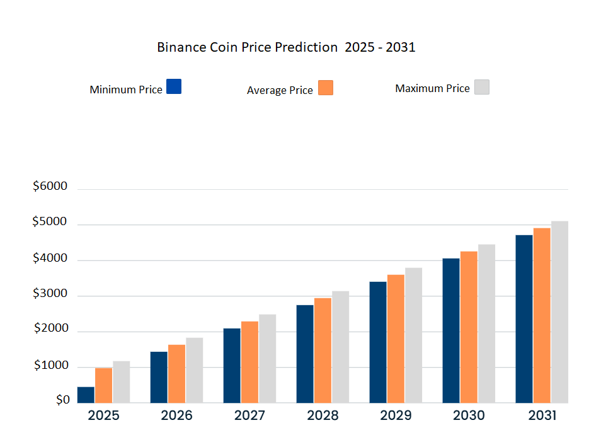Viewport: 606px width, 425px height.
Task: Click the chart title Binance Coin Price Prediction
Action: (x=285, y=47)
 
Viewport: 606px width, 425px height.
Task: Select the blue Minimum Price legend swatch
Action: (x=174, y=86)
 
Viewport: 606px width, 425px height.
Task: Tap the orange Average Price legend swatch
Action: (x=326, y=88)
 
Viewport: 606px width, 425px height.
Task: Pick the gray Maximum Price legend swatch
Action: (x=482, y=87)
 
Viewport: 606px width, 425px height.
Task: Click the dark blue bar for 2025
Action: (x=86, y=395)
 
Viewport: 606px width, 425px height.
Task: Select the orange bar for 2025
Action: (x=103, y=385)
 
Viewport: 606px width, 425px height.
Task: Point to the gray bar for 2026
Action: (x=194, y=370)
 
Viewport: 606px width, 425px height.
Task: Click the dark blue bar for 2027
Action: (x=232, y=366)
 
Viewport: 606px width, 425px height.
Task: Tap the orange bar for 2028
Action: (x=323, y=350)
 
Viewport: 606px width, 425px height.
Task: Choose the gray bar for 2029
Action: (x=413, y=335)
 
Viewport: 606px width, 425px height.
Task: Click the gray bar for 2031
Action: (x=559, y=311)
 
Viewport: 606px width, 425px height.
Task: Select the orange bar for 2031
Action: (x=542, y=315)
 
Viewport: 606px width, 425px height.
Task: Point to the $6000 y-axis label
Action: (x=50, y=187)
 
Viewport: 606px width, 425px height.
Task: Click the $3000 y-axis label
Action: (x=50, y=293)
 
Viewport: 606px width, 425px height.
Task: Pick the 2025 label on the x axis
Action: (x=103, y=416)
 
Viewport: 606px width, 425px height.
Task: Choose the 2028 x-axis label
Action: (x=323, y=416)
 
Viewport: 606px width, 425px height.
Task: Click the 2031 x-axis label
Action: (x=542, y=416)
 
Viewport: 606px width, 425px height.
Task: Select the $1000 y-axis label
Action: (x=50, y=365)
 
